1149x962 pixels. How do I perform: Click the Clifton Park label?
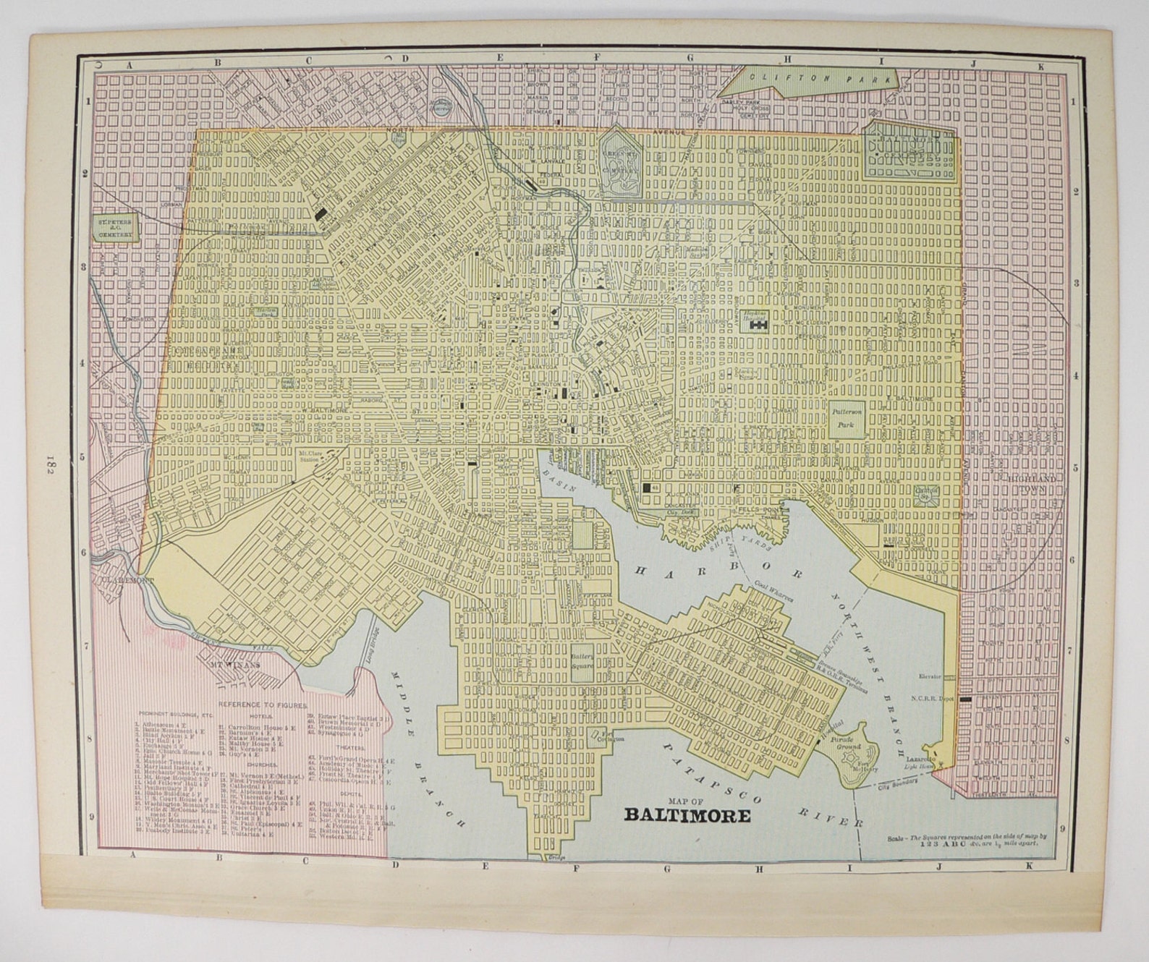point(821,79)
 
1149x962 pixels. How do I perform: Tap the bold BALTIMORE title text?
point(687,815)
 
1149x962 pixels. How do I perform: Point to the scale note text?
point(962,841)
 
